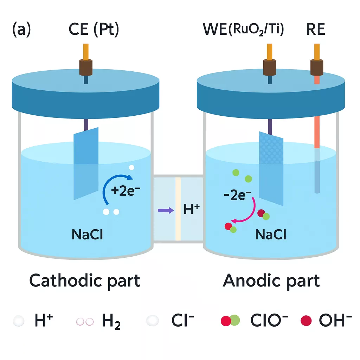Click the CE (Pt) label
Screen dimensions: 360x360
(93, 30)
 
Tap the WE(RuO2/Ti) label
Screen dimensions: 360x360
(243, 30)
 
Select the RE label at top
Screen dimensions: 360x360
(315, 30)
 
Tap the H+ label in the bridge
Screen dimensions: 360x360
(192, 210)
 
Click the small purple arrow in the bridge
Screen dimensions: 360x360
(166, 210)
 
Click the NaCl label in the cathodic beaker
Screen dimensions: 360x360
(87, 234)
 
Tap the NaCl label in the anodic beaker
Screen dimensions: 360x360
(271, 234)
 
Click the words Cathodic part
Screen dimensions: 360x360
(85, 281)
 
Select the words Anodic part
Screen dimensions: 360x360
(271, 281)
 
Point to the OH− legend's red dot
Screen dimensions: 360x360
(306, 320)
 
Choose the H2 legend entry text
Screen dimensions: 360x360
(111, 321)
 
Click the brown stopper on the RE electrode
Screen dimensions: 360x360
(317, 66)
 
